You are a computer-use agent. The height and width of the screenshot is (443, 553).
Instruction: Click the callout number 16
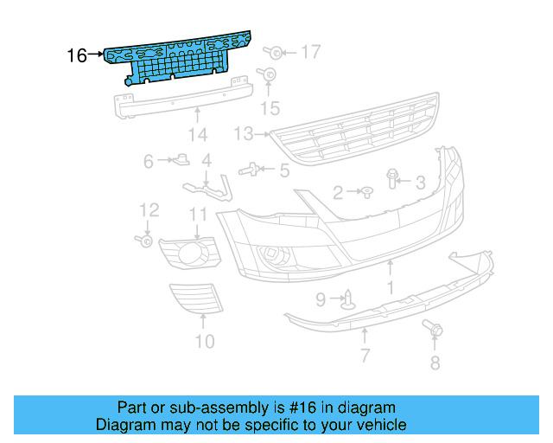click(x=76, y=56)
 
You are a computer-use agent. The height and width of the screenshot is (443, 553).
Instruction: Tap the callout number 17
click(x=310, y=53)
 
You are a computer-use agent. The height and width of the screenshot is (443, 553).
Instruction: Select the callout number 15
click(x=271, y=108)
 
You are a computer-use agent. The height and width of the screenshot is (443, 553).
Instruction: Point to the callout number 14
click(x=198, y=135)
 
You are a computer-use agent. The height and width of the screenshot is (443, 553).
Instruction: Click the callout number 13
click(x=243, y=134)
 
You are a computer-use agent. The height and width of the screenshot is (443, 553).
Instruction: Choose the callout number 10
click(x=204, y=341)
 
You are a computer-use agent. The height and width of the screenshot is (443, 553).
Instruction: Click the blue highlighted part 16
click(x=181, y=61)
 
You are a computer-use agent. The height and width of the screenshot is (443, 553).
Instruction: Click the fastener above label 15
click(x=270, y=76)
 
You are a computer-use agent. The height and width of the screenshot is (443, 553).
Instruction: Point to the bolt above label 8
click(x=432, y=330)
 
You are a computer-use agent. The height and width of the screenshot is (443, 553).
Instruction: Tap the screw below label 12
click(x=142, y=240)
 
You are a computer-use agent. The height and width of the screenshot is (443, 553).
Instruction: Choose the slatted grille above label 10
click(x=197, y=299)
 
